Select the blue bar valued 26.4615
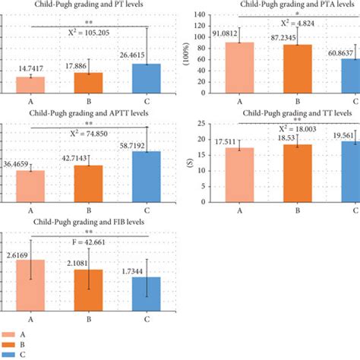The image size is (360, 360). coord(147,79)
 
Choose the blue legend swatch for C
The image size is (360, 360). coord(10,354)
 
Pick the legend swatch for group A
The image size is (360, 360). coord(10,333)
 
